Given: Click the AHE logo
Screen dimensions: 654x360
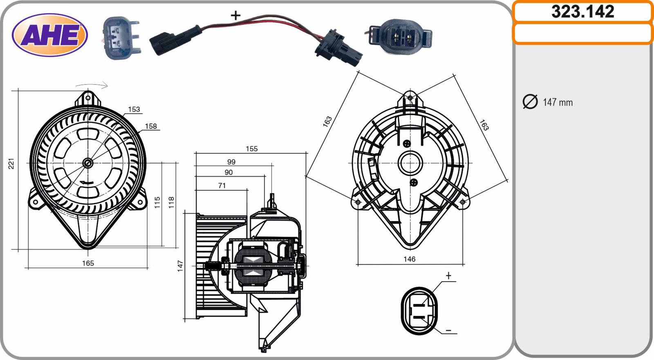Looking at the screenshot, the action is coord(49,35).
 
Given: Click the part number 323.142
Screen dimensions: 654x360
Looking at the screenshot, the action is coord(583,12).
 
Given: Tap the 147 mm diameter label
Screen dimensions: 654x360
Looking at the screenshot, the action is coord(558,103).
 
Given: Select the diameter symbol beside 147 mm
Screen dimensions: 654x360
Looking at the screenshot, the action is coord(530,102).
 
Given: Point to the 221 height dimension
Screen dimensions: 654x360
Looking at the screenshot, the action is coord(11,163).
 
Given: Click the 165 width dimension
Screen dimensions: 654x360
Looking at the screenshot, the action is coord(88,263).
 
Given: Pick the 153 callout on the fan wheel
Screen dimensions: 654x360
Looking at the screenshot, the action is coord(134,109).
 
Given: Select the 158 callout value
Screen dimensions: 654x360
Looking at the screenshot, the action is coord(151,126).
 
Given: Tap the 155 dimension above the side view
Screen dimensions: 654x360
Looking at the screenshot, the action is coord(252,149).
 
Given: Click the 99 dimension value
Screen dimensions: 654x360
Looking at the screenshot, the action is coord(231,162).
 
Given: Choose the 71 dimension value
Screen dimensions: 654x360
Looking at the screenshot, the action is coord(222,186).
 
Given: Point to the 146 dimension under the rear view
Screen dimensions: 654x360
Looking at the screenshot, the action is coord(409,259).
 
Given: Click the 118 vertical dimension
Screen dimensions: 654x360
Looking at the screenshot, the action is coord(171,202).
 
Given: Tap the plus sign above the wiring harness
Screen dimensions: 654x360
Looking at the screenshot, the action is coord(235,15).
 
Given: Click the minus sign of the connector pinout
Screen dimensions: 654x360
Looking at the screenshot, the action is coord(448,331).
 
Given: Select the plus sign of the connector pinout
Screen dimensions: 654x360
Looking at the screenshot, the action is coord(448,275).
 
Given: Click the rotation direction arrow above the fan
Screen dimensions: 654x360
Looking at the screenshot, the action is coord(92,85).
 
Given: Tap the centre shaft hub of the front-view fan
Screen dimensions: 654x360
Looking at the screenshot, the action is coord(87,163).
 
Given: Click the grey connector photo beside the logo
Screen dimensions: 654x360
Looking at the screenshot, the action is coord(121,38).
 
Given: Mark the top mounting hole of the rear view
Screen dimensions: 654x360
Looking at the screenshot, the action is coord(410,98).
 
